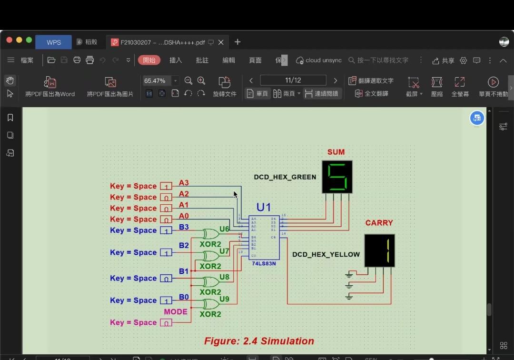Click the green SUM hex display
337,177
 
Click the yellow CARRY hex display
379,250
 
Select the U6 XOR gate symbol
209,234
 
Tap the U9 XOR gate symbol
209,304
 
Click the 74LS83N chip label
264,263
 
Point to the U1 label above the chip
264,207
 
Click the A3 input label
184,183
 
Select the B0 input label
184,297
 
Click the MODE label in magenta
176,312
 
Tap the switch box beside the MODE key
166,323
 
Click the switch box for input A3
166,186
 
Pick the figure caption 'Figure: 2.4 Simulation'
259,341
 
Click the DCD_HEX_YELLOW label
326,254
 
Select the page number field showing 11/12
293,80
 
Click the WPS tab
54,42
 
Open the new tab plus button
237,42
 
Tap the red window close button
9,40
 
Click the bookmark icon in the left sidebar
10,118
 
